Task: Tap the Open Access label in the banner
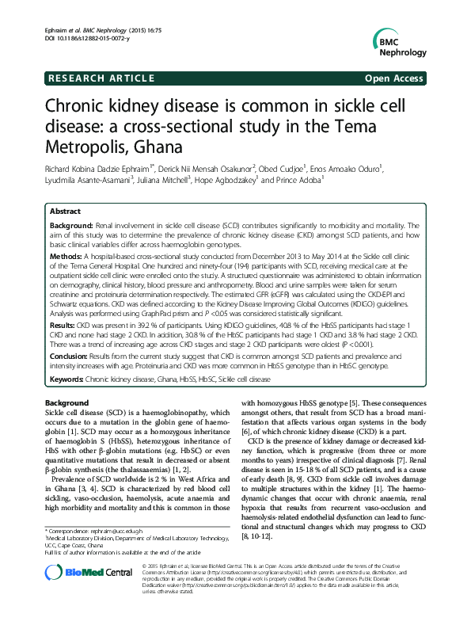393,78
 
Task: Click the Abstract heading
65,212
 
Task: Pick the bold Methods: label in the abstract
66,257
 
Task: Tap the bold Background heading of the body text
67,404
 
